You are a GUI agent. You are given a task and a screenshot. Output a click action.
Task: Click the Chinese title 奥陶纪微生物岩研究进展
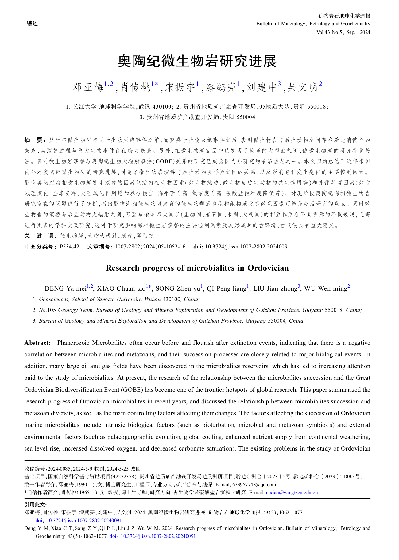pos(197,61)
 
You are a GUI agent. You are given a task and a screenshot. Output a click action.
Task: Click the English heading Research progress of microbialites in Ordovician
pos(197,268)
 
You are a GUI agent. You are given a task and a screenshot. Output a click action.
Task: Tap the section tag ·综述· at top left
pos(32,23)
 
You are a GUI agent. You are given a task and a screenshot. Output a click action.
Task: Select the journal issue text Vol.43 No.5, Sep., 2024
pos(343,32)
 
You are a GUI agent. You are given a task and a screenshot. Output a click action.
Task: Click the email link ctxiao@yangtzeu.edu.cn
pos(292,492)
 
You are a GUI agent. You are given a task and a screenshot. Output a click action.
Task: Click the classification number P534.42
pos(69,247)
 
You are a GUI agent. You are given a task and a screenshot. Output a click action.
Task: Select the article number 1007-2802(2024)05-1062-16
pos(150,247)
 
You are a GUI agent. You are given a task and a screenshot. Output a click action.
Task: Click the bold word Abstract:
pos(37,343)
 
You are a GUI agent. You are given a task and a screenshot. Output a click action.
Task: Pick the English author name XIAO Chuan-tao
pos(121,288)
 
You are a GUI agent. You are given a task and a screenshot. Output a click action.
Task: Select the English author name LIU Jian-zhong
pos(275,288)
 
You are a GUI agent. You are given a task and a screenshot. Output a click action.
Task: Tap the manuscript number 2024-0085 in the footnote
pos(59,469)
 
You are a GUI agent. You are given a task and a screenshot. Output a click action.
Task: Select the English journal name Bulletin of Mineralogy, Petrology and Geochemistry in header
pos(313,24)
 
